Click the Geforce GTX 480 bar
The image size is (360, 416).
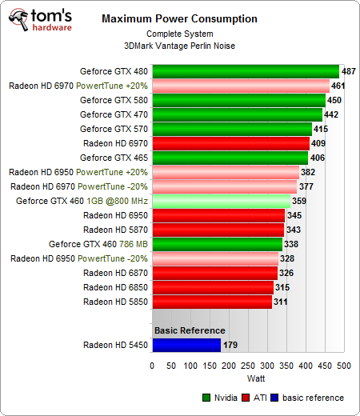click(245, 71)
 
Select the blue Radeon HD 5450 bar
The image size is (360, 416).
click(186, 345)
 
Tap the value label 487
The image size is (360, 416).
click(349, 71)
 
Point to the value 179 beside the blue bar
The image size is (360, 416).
click(231, 346)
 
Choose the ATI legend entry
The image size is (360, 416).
click(261, 398)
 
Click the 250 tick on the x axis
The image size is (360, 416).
click(248, 366)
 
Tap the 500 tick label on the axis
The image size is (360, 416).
click(343, 366)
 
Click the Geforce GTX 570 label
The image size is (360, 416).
click(113, 129)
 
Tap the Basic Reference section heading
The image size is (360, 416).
click(190, 330)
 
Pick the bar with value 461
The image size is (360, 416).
click(240, 86)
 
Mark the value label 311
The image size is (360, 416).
click(281, 302)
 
